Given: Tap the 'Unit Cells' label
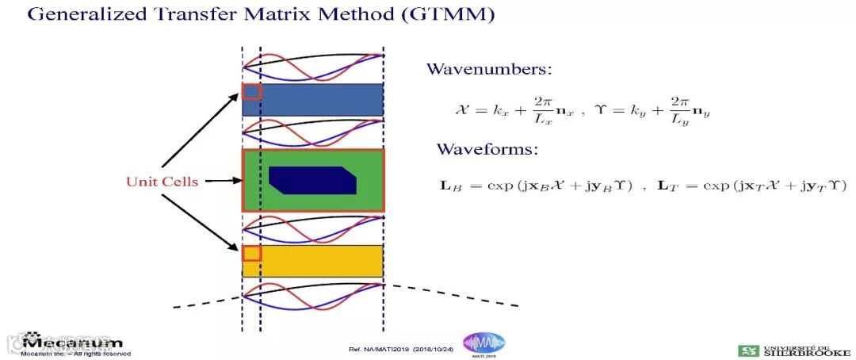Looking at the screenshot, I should coord(162,182).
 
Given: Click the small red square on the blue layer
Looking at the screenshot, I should coord(251,91).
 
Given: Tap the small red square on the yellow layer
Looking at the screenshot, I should coord(251,253).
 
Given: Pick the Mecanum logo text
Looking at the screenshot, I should coord(73,343).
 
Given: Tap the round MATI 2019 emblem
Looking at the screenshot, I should coord(483,344).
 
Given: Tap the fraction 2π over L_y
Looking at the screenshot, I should coord(678,109).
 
